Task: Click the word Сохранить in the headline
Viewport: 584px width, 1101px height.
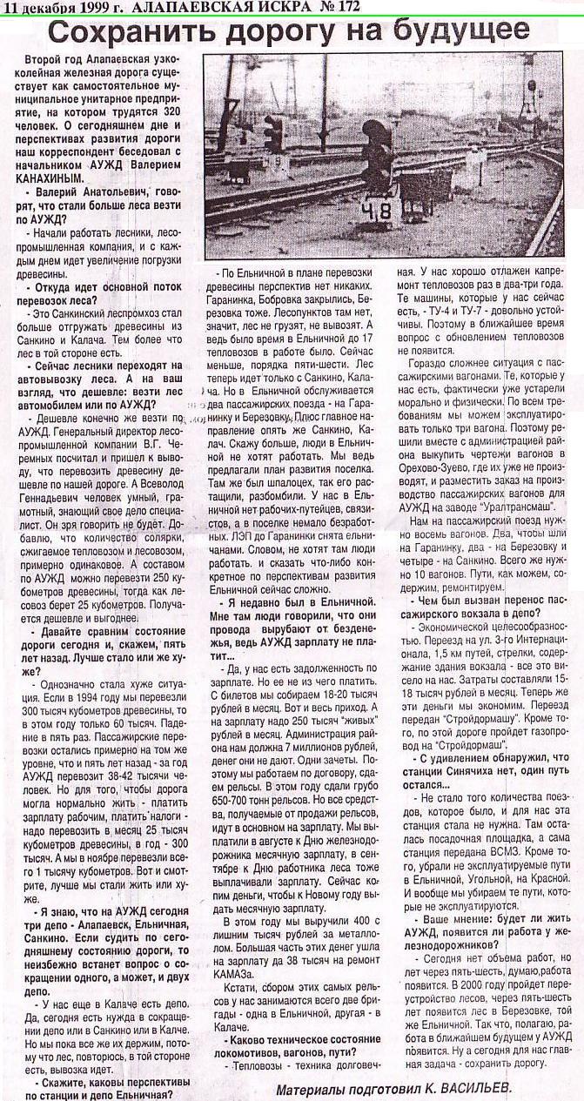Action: click(x=126, y=32)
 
